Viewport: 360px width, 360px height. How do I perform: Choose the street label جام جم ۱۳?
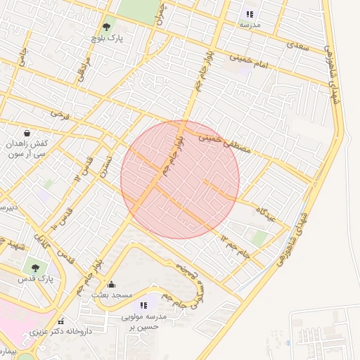235,246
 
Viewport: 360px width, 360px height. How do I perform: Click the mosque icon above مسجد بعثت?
112,285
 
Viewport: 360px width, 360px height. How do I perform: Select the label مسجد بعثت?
112,296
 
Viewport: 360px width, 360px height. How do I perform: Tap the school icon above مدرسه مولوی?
144,305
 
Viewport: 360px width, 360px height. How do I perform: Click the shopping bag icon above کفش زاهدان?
27,132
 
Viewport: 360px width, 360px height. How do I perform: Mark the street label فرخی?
60,115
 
